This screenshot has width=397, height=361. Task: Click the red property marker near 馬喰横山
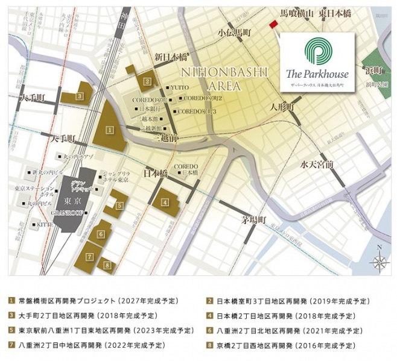click(x=273, y=24)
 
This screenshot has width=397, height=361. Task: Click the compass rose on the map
click(x=378, y=260)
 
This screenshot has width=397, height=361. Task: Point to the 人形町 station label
click(x=282, y=107)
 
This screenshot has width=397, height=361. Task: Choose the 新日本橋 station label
click(x=170, y=57)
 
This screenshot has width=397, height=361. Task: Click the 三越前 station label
click(x=165, y=138)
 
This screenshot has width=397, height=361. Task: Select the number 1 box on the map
click(x=109, y=129)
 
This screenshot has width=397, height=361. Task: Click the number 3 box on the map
click(x=79, y=95)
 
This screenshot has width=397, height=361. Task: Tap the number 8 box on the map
click(x=107, y=264)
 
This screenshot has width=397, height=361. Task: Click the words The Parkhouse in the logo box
click(x=317, y=74)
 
